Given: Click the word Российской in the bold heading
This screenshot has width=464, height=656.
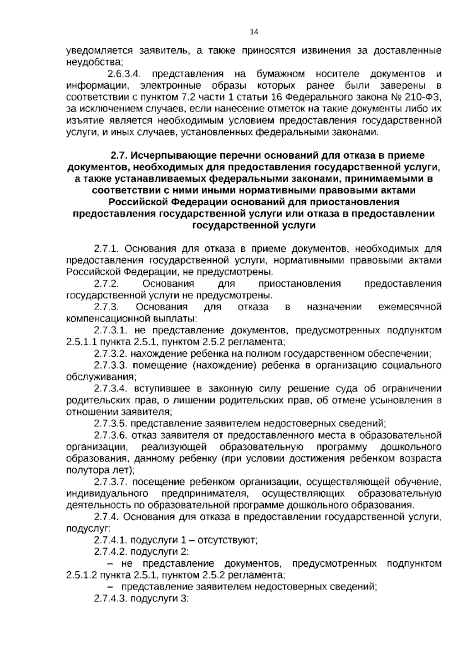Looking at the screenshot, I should click(138, 202).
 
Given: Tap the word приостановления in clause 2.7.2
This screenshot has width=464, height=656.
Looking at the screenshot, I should click(300, 284).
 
